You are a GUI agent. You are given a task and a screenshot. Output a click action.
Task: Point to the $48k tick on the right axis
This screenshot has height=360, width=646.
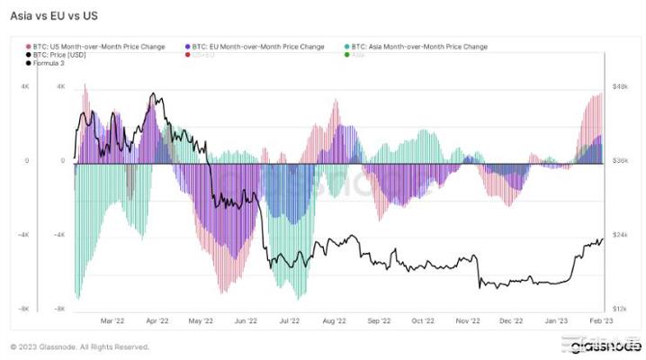(620, 87)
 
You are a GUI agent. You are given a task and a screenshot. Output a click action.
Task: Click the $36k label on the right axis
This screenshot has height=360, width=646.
(620, 161)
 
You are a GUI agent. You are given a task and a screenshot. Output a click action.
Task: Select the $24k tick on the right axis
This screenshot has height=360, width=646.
(620, 235)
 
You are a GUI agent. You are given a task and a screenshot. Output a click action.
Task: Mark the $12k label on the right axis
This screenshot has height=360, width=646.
(620, 309)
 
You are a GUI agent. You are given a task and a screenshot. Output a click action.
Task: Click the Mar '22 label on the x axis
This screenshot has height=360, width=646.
(112, 319)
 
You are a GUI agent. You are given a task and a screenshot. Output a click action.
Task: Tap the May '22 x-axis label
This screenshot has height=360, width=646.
(202, 319)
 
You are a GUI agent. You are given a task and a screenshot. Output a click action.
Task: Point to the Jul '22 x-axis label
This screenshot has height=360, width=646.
(290, 319)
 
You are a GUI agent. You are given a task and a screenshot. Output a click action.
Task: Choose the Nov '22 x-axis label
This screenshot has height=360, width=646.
(468, 319)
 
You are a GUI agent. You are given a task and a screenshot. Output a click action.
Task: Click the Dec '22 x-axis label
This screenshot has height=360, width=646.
(512, 319)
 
